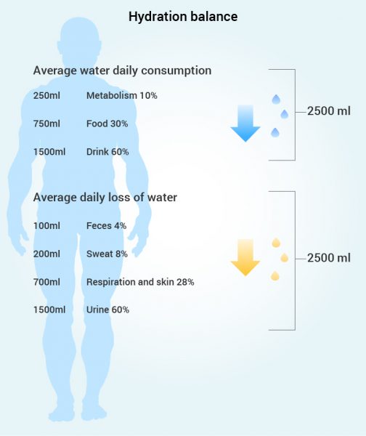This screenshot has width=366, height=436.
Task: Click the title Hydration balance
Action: (183, 17)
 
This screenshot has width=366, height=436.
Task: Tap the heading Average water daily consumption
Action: (122, 70)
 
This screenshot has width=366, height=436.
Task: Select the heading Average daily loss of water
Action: (105, 198)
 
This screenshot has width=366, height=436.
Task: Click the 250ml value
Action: (46, 96)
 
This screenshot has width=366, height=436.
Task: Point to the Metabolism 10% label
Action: (122, 96)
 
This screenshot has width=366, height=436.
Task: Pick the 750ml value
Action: (46, 124)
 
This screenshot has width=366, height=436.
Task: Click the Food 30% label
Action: (107, 124)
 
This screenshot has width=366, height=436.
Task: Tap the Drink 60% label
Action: (107, 152)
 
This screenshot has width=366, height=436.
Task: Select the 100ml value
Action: (46, 226)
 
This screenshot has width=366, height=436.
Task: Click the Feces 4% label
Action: (107, 226)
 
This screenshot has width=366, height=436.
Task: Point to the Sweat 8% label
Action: (107, 254)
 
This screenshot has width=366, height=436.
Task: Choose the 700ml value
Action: (46, 282)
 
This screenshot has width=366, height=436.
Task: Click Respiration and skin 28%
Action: (140, 282)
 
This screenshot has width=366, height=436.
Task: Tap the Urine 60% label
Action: (107, 310)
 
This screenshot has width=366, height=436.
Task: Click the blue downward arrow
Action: (245, 124)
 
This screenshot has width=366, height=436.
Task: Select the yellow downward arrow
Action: (245, 257)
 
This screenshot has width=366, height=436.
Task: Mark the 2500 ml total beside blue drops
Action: (329, 111)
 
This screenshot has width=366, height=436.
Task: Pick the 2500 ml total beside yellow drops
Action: (329, 258)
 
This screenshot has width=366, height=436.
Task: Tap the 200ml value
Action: (46, 254)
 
